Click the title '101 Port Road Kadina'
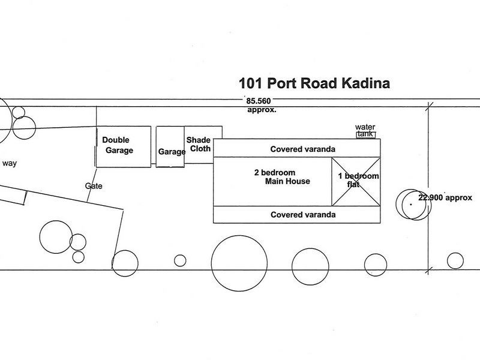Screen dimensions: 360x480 [314, 83]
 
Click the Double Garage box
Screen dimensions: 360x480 [124, 146]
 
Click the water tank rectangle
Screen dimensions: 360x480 [365, 134]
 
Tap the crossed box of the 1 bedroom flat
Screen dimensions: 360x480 [356, 182]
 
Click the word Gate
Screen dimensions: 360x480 [94, 186]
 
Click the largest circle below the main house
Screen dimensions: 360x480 [239, 263]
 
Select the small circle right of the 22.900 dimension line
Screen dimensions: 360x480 [455, 261]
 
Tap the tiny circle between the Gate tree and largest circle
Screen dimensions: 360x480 [180, 260]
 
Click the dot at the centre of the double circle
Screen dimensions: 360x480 [411, 205]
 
